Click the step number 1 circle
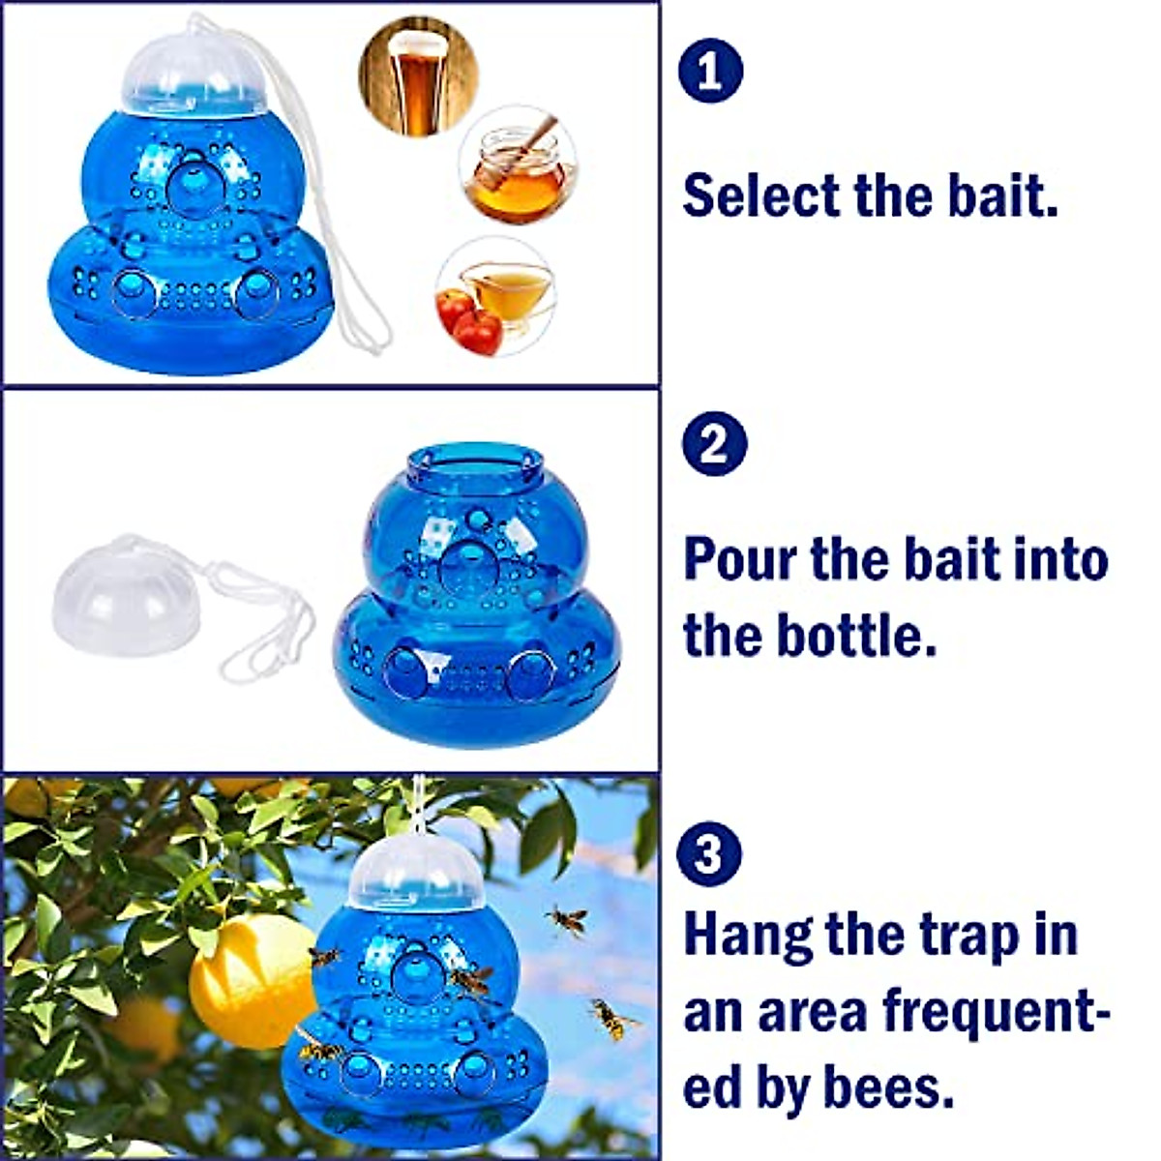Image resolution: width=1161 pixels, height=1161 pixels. [711, 71]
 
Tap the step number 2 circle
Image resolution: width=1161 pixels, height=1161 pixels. [714, 444]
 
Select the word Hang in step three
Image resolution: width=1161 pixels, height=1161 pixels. [746, 936]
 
